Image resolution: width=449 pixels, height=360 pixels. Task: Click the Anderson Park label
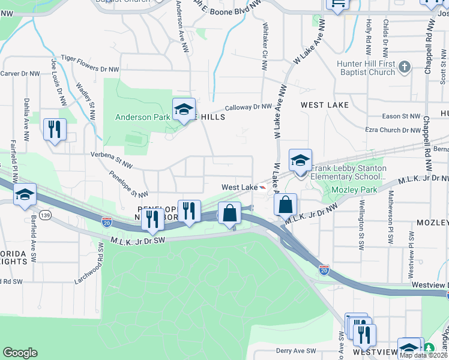click(142, 117)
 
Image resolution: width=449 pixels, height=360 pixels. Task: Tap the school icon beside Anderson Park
click(184, 109)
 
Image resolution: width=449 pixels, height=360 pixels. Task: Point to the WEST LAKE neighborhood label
click(325, 105)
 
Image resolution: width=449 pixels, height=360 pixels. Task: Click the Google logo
click(20, 352)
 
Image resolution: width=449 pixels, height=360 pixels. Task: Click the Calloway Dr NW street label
click(249, 107)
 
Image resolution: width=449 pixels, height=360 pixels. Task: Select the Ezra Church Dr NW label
click(393, 130)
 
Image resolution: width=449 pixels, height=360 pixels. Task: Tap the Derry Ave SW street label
click(295, 351)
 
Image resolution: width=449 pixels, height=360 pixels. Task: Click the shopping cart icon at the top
click(337, 4)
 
